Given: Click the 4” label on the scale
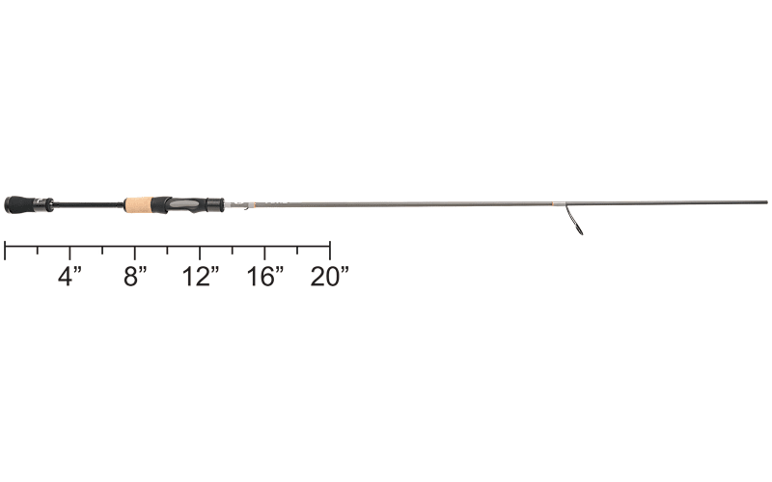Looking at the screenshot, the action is coord(69,277).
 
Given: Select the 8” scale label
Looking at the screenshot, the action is coord(135,277).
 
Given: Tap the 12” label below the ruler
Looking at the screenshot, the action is coord(201,277).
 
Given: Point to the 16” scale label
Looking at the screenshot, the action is coord(265,277).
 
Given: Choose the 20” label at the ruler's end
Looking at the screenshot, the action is coord(330,277).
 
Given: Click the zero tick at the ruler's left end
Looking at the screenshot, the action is coord(5,250).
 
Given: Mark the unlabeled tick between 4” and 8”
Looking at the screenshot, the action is coord(102,250).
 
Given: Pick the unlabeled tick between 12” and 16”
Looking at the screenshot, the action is coord(233,250).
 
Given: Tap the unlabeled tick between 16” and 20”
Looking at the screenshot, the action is coord(297,250).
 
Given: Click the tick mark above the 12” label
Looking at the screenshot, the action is coord(200,253).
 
